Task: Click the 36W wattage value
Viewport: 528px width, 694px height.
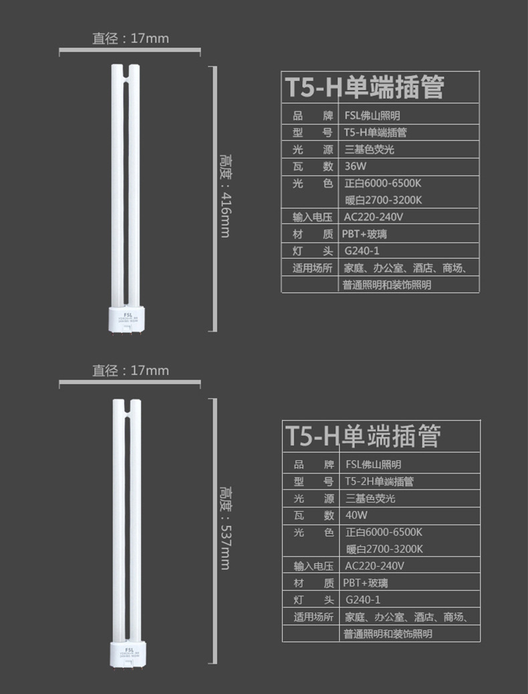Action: pos(354,166)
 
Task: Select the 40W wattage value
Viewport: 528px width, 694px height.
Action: pos(356,515)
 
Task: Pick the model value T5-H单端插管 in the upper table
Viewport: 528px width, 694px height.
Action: pos(375,132)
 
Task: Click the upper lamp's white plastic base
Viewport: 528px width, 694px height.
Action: pos(126,316)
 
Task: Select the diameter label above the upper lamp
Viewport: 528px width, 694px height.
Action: pos(130,38)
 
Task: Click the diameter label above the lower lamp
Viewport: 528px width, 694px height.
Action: pos(130,370)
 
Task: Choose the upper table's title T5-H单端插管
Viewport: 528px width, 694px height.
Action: pos(365,87)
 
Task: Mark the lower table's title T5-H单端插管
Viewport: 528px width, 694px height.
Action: pos(364,435)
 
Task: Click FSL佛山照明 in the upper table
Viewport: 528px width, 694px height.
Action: pos(372,116)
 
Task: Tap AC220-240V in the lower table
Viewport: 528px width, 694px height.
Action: pos(374,566)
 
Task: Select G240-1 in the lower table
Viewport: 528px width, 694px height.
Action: pos(363,600)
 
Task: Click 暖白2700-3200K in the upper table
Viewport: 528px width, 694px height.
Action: pos(383,200)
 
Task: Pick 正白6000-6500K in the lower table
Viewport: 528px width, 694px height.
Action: pos(384,532)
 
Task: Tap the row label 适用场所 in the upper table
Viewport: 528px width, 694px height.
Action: pos(312,268)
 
